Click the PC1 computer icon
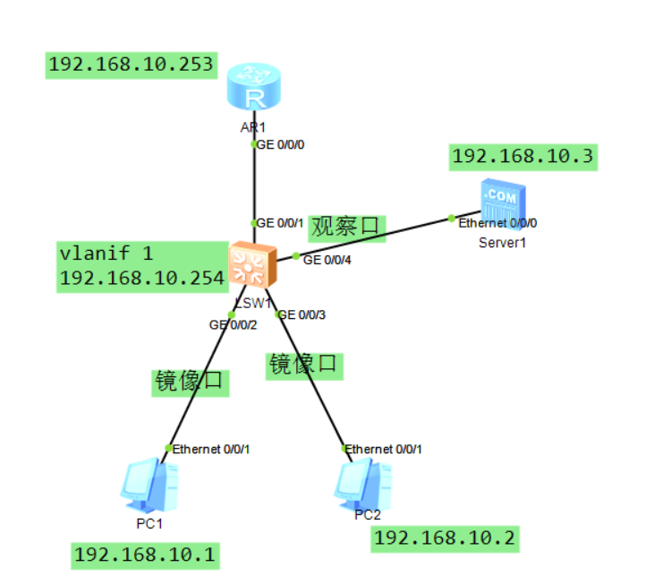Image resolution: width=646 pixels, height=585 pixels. click(x=147, y=485)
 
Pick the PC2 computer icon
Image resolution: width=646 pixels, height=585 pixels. click(x=363, y=485)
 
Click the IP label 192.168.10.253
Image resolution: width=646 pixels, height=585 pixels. click(x=131, y=65)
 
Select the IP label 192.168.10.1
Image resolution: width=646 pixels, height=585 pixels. click(x=145, y=555)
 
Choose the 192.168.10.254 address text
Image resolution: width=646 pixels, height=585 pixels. click(x=141, y=279)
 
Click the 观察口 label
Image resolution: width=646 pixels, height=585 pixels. click(x=347, y=228)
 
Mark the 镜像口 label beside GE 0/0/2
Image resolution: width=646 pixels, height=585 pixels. click(x=191, y=383)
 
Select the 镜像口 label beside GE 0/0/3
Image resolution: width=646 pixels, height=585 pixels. click(x=305, y=365)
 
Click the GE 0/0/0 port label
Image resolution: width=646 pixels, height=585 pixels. click(x=283, y=144)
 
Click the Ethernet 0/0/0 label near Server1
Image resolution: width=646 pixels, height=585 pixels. click(x=497, y=221)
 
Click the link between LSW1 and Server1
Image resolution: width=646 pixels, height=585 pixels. click(x=376, y=237)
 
